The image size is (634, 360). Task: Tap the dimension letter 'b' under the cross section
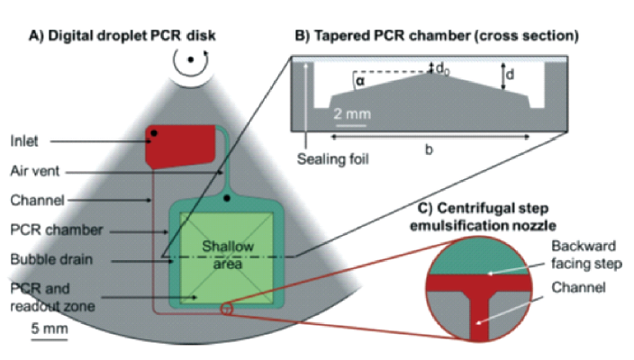tap(429, 149)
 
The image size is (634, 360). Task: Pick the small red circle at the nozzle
tap(226, 310)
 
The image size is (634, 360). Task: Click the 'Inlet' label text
tap(24, 140)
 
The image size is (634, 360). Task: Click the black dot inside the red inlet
tap(155, 133)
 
